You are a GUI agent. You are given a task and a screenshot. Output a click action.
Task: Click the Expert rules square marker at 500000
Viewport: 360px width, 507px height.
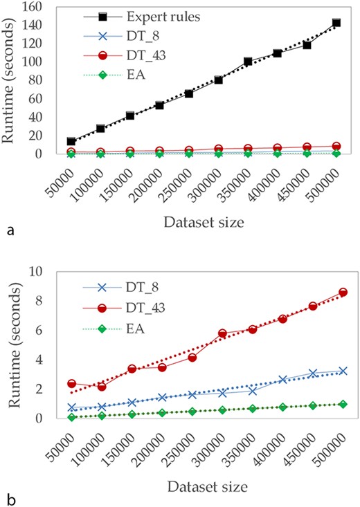(x=336, y=23)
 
